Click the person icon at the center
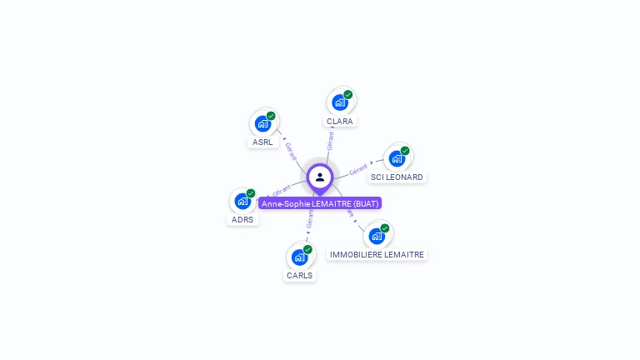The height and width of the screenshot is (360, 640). pos(320,177)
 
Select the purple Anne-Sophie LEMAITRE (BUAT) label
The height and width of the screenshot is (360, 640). pos(320,203)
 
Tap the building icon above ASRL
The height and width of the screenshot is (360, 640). pos(263,124)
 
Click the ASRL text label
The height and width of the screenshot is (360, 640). pos(263,142)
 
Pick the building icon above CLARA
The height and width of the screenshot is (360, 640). pos(340,102)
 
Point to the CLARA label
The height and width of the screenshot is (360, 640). pos(340,121)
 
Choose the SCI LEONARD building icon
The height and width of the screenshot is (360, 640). pos(397,158)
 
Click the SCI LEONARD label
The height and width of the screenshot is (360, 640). pos(397,177)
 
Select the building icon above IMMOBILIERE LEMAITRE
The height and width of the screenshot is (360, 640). pos(377,236)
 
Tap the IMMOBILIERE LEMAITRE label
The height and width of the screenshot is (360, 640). pos(377,254)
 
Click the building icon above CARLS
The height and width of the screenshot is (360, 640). pos(300,257)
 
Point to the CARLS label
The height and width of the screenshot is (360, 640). pos(300,275)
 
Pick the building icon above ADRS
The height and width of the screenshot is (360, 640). pos(242,201)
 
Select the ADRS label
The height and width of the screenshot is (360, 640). pos(242,219)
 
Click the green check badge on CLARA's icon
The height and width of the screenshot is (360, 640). pos(348,94)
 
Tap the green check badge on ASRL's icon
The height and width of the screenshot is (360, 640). pos(271,116)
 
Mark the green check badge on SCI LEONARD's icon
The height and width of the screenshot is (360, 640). pos(405,151)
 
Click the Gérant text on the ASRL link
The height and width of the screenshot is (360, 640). pos(290,151)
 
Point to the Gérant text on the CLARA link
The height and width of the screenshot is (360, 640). pos(331,140)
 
